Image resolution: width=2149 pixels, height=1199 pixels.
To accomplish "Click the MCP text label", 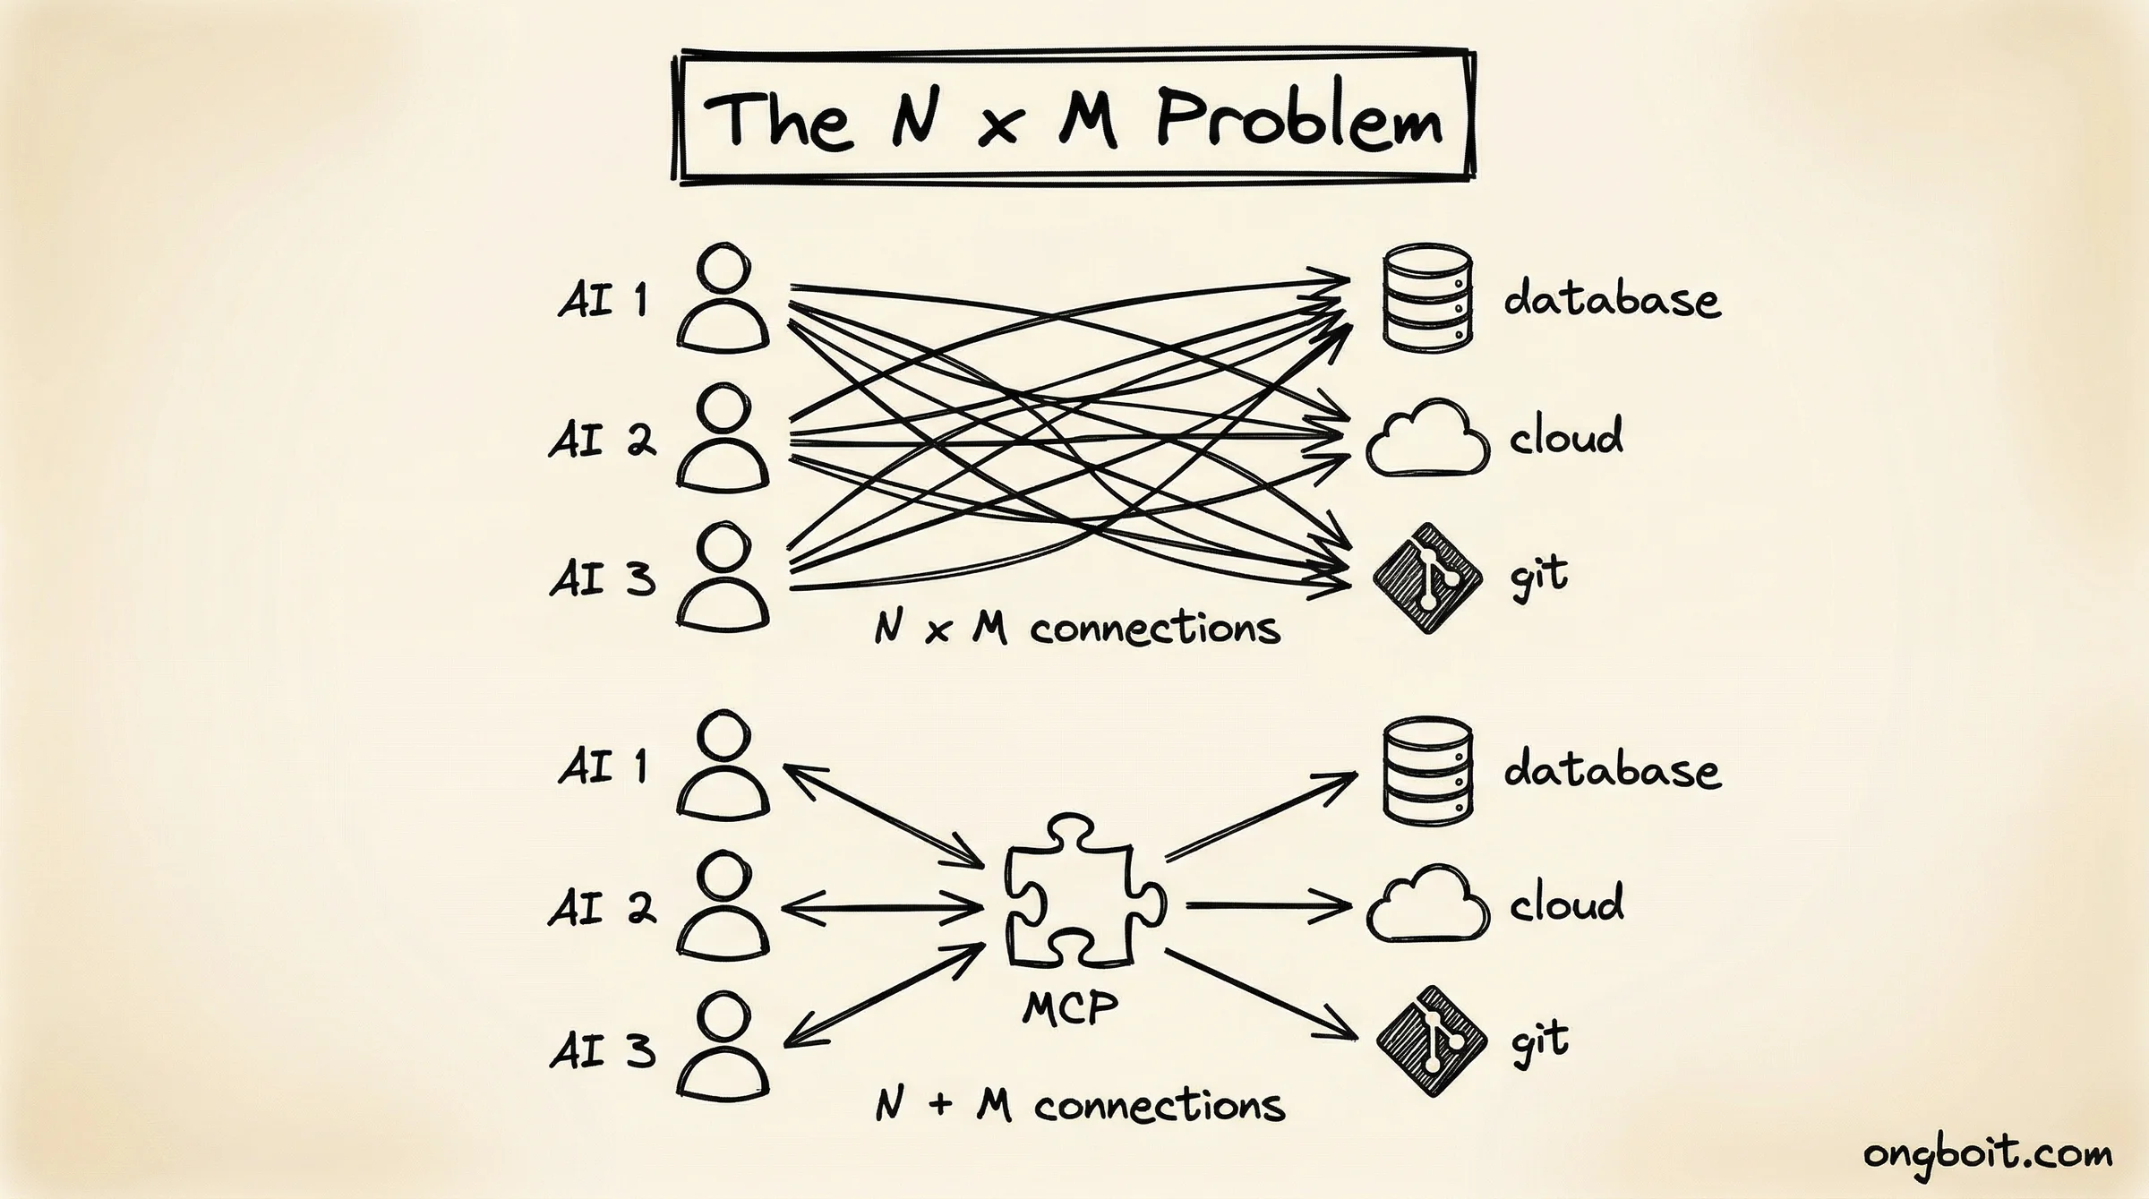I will pos(1070,1009).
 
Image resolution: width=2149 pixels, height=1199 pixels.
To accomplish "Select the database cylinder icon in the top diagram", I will pos(1427,298).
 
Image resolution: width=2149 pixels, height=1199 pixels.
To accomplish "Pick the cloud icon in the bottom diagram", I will pos(1427,904).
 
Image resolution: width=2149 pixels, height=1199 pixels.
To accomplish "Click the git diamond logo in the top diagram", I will pos(1427,578).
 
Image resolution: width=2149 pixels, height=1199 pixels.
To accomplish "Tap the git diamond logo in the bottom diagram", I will pos(1430,1041).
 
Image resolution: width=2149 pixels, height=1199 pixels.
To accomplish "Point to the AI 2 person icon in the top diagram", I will pos(723,439).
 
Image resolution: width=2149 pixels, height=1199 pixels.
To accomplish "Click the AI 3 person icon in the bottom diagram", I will pos(723,1048).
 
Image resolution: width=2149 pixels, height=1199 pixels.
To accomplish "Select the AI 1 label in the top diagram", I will pos(602,299).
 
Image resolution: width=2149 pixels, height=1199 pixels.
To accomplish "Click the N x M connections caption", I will pos(1077,628).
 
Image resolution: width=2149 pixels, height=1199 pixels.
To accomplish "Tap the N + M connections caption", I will pos(1080,1105).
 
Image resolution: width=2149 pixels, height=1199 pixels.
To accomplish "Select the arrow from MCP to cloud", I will pos(1267,906).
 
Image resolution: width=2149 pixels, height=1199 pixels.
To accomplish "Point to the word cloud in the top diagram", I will pos(1565,437).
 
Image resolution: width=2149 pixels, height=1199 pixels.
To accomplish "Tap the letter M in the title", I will pos(1088,119).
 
